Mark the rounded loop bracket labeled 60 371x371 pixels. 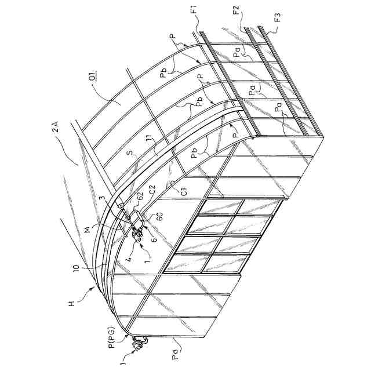pyautogui.click(x=137, y=219)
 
